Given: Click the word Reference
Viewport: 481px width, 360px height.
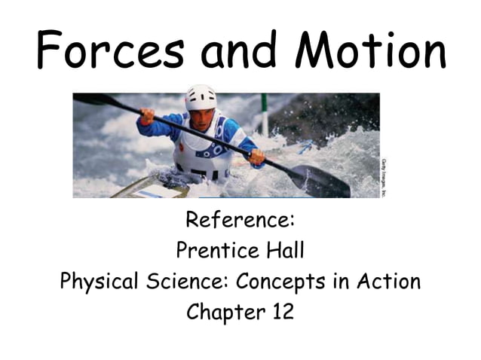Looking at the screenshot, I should coord(240,221).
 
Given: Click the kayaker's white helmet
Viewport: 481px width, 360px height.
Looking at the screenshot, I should coord(200,96).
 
